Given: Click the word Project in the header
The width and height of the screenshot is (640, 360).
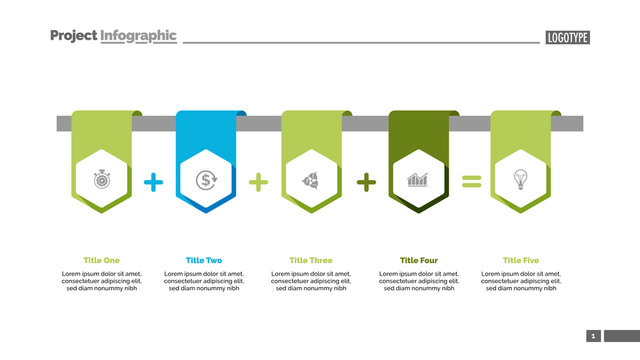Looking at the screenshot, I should (x=73, y=36).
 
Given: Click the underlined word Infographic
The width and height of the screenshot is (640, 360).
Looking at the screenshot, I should (x=138, y=36).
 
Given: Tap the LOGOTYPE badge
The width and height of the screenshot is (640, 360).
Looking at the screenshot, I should (x=568, y=38).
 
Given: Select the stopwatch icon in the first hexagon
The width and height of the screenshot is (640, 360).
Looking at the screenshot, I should (x=102, y=181).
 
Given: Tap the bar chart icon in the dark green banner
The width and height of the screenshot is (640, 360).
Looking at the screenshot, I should (x=418, y=181).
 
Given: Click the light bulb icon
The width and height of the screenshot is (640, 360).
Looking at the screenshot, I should (x=520, y=181).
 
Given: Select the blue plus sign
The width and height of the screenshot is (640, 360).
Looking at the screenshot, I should (x=154, y=182).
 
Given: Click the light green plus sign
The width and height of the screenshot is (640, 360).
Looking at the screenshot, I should (x=259, y=182).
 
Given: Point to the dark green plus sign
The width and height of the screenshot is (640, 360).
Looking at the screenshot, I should (x=367, y=182).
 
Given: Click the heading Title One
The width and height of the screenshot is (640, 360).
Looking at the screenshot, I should (x=102, y=260).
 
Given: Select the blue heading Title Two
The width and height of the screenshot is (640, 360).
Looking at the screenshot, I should (x=204, y=260).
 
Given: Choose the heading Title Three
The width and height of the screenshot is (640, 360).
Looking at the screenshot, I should (x=311, y=260).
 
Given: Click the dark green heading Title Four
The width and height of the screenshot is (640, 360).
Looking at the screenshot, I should (x=418, y=260).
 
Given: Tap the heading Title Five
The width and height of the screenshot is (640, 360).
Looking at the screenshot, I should (x=520, y=260).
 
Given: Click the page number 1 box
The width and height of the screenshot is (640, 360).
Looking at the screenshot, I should (x=593, y=336).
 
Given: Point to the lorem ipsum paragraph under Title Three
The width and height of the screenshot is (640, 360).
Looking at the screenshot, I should (x=311, y=281).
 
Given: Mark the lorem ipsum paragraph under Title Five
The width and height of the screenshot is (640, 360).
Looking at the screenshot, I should (x=520, y=281).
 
